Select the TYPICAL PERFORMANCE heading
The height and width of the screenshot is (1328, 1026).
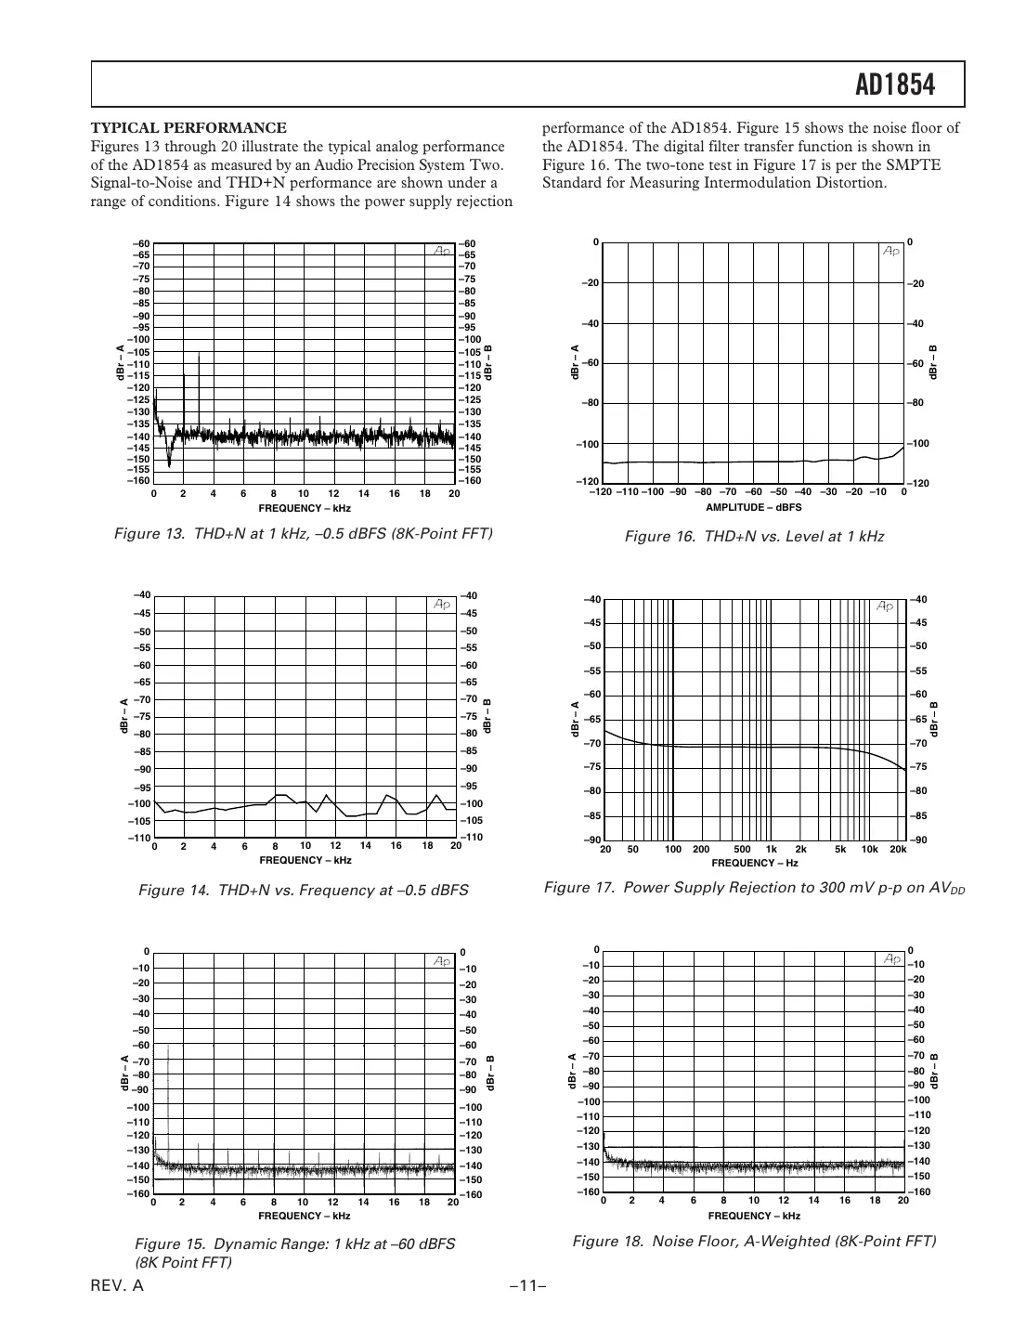(188, 128)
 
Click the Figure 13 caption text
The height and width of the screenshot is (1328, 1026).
(303, 534)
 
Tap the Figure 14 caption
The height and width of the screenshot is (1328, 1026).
(303, 891)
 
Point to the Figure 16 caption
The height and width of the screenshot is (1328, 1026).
(754, 537)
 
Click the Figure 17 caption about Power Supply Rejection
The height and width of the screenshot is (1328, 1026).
(754, 888)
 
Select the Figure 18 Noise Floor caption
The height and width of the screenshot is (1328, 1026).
(754, 1242)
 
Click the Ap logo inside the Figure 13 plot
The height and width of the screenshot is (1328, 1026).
(439, 251)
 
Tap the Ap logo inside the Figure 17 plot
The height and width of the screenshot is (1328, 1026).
(884, 606)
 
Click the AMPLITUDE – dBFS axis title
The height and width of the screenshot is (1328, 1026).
(753, 508)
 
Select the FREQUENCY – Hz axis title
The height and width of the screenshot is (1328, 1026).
(754, 863)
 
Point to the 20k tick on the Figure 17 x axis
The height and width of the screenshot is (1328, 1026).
(898, 850)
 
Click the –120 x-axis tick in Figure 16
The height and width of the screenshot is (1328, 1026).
(601, 492)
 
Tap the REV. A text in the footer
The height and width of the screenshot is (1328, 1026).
(117, 1286)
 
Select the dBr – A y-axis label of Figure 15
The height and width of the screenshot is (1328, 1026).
(123, 1073)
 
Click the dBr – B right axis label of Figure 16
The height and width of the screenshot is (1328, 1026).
(933, 361)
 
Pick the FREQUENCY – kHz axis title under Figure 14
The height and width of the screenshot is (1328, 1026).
(305, 860)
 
